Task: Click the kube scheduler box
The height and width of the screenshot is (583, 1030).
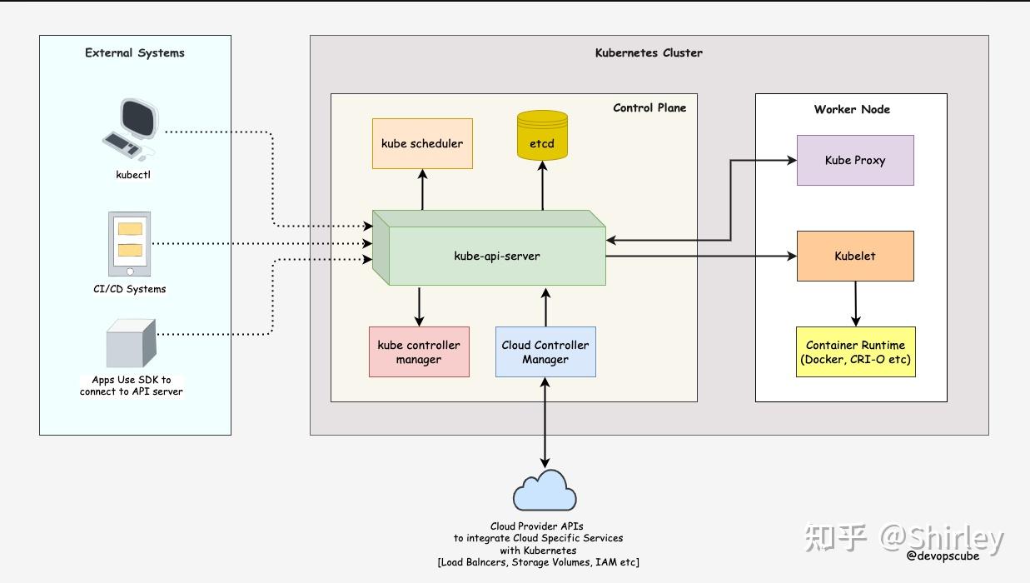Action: coord(422,143)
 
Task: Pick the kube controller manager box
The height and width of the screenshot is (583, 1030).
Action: coord(419,351)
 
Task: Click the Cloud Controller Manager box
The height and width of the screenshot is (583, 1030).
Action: coord(545,351)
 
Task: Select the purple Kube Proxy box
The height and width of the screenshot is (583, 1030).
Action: coord(855,160)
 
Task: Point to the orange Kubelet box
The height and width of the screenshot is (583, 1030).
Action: coord(855,256)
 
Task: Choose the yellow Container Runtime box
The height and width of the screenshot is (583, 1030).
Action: coord(855,351)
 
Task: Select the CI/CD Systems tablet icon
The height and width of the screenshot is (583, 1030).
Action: coord(130,244)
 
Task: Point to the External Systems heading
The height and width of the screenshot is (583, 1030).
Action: coord(135,52)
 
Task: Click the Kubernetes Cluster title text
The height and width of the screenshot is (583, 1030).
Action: coord(649,52)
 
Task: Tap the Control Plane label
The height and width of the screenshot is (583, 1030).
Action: coord(649,107)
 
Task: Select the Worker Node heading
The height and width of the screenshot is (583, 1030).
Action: coord(852,109)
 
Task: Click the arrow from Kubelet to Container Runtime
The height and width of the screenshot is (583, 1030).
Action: coord(856,303)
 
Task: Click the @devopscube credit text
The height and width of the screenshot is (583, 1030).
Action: coord(943,556)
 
